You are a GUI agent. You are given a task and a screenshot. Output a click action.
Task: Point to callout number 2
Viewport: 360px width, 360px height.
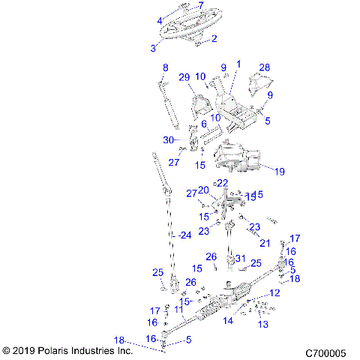coord(214,38)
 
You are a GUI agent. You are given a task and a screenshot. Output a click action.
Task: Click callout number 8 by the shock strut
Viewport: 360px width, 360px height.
coord(165,68)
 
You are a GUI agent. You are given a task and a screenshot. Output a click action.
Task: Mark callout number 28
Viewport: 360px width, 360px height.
coord(263,68)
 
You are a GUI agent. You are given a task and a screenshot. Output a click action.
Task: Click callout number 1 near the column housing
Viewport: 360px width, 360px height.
coord(238,65)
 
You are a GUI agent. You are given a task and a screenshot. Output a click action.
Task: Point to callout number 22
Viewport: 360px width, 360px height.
coord(222,183)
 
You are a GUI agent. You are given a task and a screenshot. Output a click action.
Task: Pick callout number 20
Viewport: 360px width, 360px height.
coord(203,190)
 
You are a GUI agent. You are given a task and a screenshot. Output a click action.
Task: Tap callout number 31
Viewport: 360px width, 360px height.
coord(240,259)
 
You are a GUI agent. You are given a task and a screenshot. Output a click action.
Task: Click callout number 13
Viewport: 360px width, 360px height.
coord(262,325)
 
